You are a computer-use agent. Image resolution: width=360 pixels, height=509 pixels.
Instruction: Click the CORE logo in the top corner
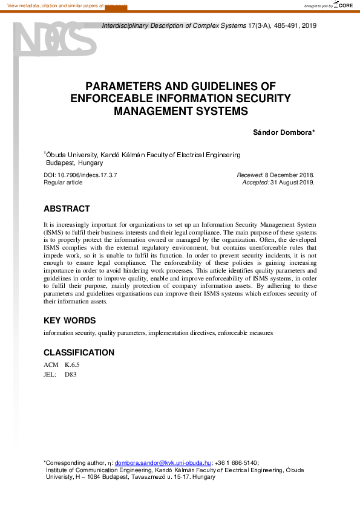pyautogui.click(x=345, y=5)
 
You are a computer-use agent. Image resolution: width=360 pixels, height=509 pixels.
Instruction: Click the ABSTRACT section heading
pyautogui.click(x=67, y=209)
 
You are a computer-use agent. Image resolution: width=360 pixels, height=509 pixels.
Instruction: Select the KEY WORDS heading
pyautogui.click(x=70, y=320)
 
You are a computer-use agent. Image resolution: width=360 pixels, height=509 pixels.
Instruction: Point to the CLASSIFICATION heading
pyautogui.click(x=79, y=352)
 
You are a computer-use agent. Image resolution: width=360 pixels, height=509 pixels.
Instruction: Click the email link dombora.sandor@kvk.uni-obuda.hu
pyautogui.click(x=163, y=462)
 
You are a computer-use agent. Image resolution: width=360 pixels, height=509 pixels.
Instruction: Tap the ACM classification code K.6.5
pyautogui.click(x=72, y=365)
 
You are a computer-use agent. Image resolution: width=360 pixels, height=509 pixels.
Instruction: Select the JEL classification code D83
pyautogui.click(x=71, y=375)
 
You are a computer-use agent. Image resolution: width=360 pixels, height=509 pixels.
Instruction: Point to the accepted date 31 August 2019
pyautogui.click(x=292, y=182)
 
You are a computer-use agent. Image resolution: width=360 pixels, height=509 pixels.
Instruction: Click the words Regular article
pyautogui.click(x=63, y=182)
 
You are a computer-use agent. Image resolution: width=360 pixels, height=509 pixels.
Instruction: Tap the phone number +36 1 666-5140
pyautogui.click(x=236, y=462)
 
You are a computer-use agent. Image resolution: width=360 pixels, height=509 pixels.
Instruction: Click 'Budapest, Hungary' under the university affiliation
pyautogui.click(x=75, y=163)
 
